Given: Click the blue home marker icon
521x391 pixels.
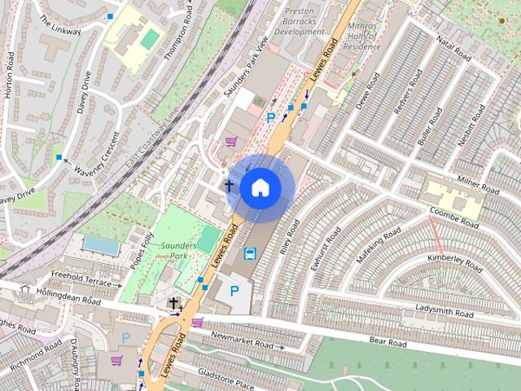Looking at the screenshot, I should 260,187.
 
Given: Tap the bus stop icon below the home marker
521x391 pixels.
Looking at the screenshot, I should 250,253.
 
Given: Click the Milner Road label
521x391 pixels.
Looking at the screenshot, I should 477,183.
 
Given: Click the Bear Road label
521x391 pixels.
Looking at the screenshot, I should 387,341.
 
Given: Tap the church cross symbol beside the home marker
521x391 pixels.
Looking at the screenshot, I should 230,187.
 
